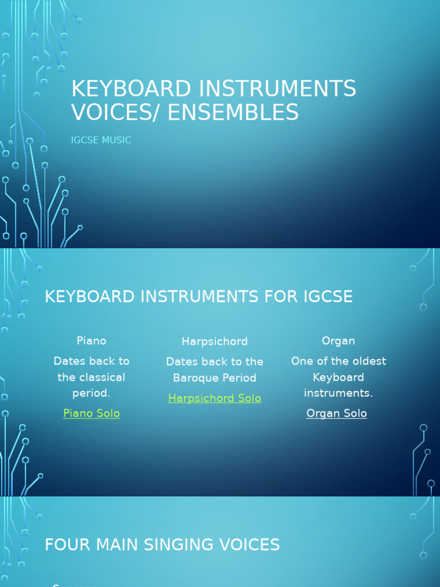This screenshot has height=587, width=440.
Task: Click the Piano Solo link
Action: (x=92, y=413)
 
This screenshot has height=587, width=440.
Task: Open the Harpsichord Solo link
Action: (x=215, y=398)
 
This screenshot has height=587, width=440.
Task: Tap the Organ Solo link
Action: (x=336, y=413)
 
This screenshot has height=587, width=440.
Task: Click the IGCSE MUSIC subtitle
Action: (x=101, y=140)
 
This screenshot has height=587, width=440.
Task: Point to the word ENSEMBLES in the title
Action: (x=233, y=112)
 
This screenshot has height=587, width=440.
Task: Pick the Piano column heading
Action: (x=92, y=341)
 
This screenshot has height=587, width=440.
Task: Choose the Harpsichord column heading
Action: (x=215, y=341)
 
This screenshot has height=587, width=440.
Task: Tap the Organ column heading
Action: (x=339, y=341)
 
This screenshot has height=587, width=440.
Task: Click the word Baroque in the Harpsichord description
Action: (x=198, y=378)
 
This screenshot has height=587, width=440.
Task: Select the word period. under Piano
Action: (x=92, y=393)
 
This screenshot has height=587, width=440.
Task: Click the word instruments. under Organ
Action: (x=339, y=393)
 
